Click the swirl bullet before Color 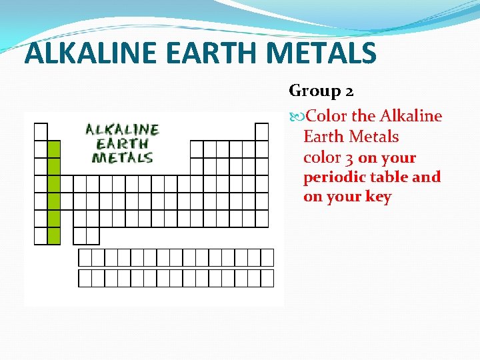click(x=297, y=117)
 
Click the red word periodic click(x=331, y=178)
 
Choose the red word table click(x=389, y=177)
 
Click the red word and click(x=428, y=177)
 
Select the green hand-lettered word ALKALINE click(x=122, y=129)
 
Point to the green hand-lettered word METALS click(x=122, y=158)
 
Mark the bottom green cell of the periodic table click(x=54, y=235)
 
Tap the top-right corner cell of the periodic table click(x=262, y=131)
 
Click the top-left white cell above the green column click(x=41, y=131)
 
